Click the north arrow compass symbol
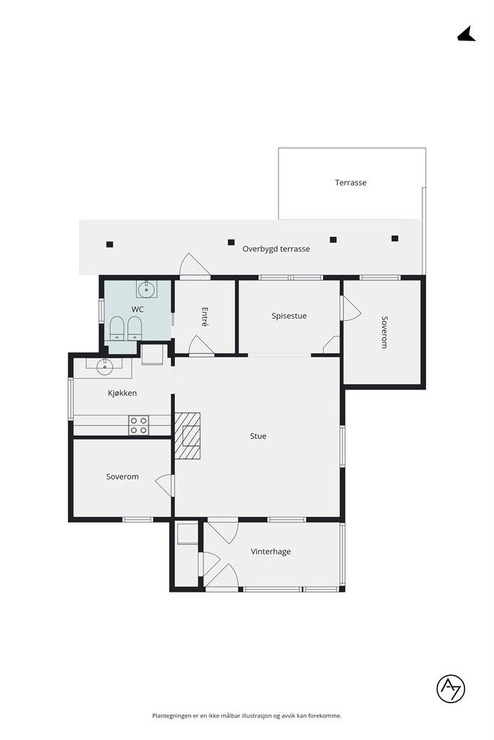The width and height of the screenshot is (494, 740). tap(466, 35)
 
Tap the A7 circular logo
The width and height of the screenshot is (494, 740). tap(451, 689)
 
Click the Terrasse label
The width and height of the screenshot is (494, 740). tap(350, 183)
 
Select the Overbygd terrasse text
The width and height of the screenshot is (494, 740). tap(276, 249)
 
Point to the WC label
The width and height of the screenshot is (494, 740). tap(137, 309)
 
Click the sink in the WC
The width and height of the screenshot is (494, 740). tap(146, 288)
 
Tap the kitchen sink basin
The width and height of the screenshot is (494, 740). tap(104, 366)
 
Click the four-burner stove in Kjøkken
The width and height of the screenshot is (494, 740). tap(139, 425)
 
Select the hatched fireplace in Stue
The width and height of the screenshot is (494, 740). tap(187, 436)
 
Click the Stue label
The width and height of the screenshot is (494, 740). tap(258, 436)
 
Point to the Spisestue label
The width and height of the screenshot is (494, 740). tap(289, 317)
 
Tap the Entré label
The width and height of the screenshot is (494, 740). tap(205, 317)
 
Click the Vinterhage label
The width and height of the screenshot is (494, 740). tap(271, 551)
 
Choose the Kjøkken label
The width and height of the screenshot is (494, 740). tap(122, 392)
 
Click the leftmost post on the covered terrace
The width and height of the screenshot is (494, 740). tap(109, 244)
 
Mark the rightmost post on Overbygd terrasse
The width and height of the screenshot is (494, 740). tap(395, 238)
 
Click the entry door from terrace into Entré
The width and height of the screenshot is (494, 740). tap(194, 265)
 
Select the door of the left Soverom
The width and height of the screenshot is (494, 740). tap(166, 485)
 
